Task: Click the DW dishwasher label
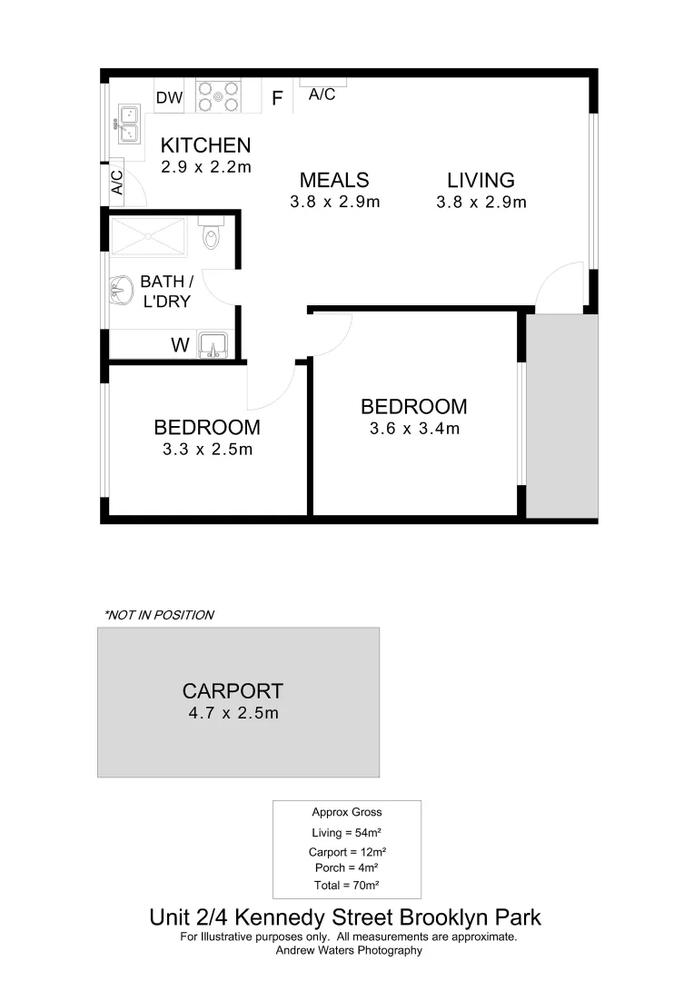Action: click(169, 98)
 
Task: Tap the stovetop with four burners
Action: click(218, 96)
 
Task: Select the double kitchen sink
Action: click(126, 124)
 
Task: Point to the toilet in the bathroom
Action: click(211, 234)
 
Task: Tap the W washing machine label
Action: click(180, 345)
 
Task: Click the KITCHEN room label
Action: click(205, 145)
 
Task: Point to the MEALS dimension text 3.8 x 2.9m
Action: click(334, 202)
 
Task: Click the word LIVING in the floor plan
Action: click(481, 180)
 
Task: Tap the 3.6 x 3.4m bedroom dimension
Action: click(414, 428)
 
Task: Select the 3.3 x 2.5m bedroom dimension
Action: click(207, 449)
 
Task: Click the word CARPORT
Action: click(233, 691)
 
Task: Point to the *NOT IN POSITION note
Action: click(159, 615)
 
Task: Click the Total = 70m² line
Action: click(347, 885)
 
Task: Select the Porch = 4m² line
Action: click(347, 867)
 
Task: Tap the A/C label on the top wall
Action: click(322, 94)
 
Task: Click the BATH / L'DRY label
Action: click(166, 292)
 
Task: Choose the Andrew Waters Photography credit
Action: click(349, 950)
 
